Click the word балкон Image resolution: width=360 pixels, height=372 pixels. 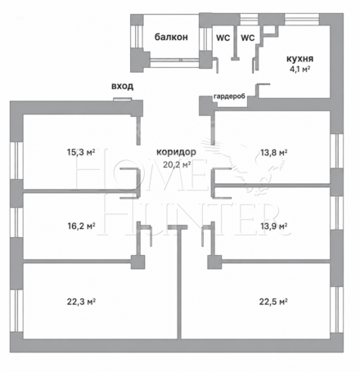pos(171,37)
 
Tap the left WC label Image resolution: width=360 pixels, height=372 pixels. pos(223,38)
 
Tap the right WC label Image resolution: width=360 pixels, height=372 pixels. pos(248,38)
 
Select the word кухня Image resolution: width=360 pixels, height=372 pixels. pos(299,59)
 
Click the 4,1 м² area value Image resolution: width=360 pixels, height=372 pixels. pos(300,69)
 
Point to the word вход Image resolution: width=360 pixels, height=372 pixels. pos(123,86)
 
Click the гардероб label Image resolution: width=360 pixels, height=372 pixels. pos(229,96)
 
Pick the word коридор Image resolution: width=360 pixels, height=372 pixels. pos(176,152)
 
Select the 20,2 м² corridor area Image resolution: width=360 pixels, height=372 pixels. pos(177,164)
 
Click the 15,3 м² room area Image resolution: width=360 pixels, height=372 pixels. pos(81,152)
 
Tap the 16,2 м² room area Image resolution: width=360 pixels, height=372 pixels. pos(81,226)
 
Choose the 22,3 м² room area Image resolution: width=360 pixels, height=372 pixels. pos(81,302)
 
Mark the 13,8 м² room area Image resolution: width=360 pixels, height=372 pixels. pos(274,152)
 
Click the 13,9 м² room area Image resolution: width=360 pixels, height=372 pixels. pos(274,226)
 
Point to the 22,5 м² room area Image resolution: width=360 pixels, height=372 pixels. pos(273,302)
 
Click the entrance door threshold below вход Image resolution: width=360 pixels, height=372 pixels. pos(123,100)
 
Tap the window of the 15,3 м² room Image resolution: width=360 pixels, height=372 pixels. pos(17,160)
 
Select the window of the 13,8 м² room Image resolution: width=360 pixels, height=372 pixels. pos(336,151)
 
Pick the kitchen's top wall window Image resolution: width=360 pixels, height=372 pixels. pos(302,20)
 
